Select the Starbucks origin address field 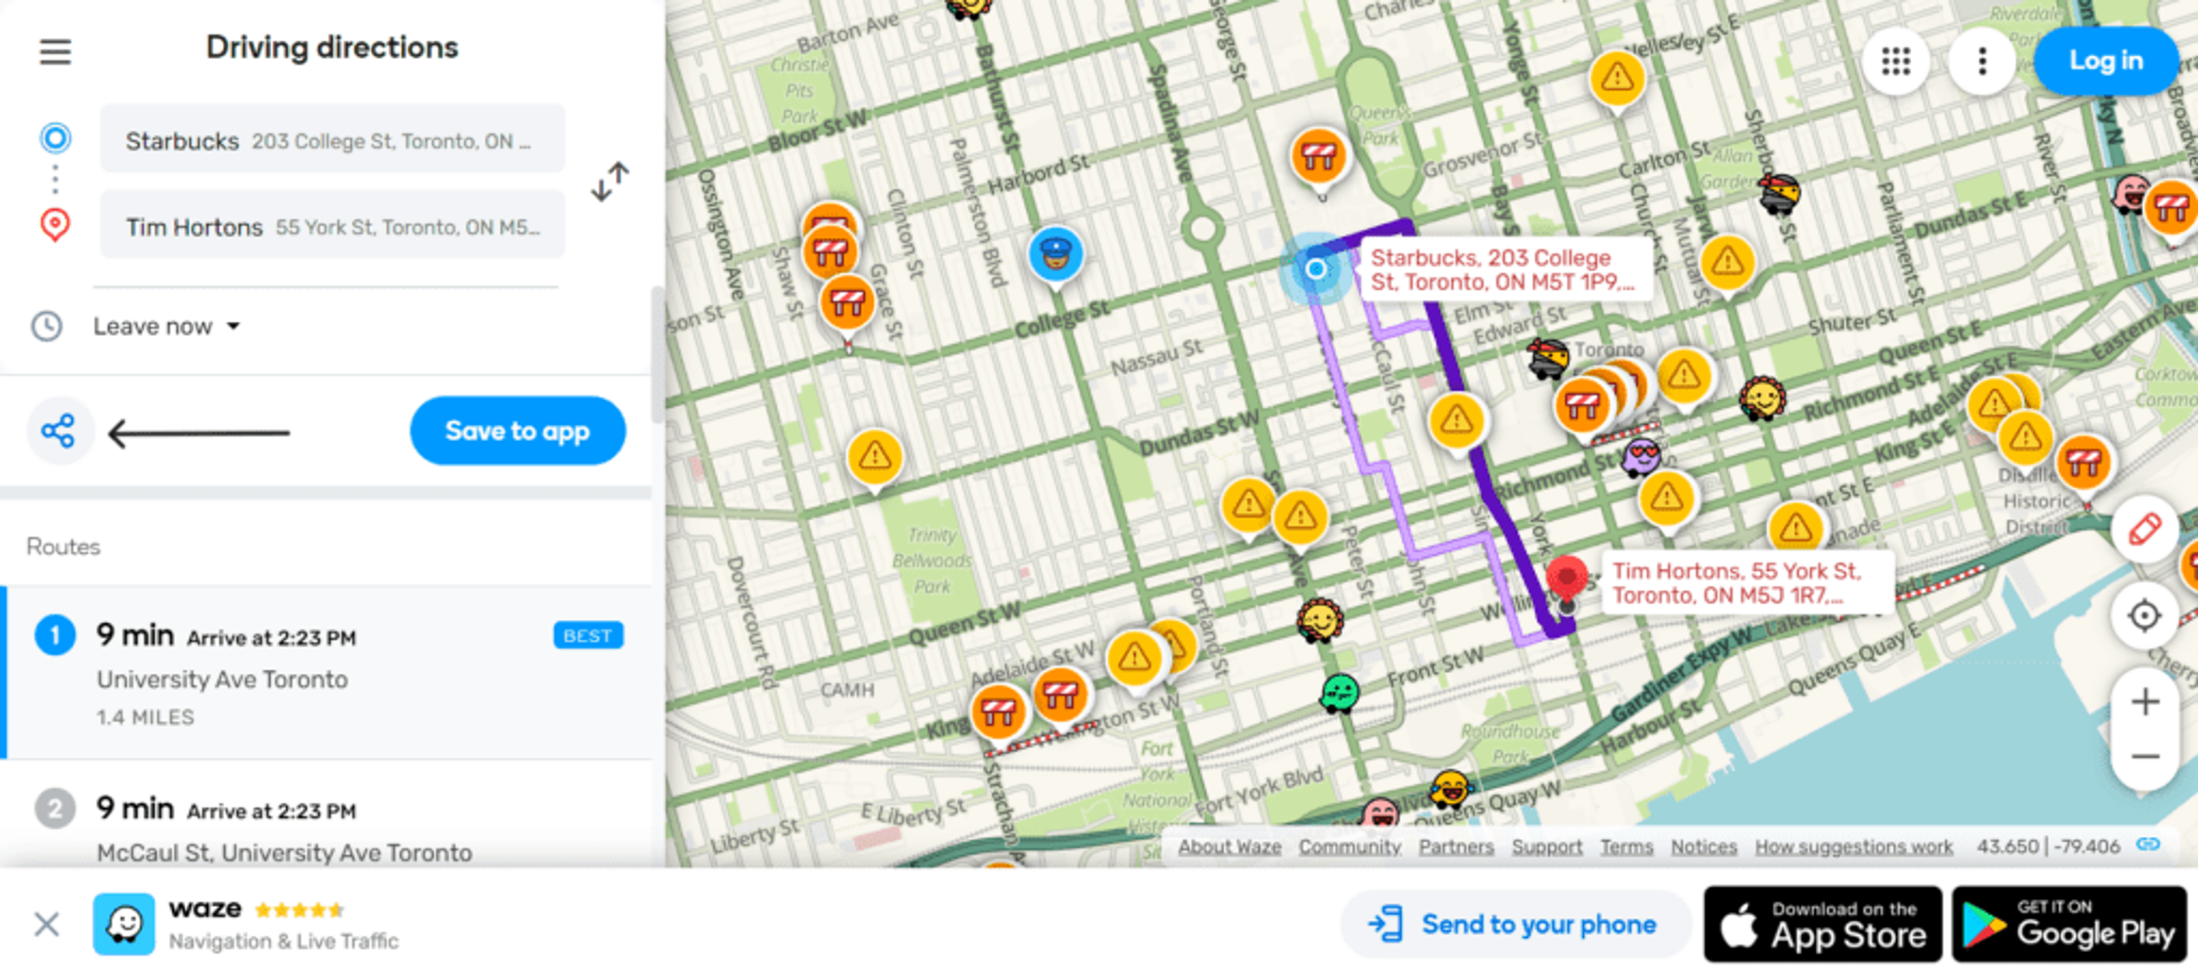[332, 140]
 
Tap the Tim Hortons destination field [332, 226]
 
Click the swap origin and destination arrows [610, 181]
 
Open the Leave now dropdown [167, 326]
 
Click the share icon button [59, 432]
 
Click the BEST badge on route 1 [588, 636]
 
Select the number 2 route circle [54, 808]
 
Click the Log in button [2105, 61]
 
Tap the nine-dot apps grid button [1895, 61]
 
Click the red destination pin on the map [1567, 578]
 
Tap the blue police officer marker [1055, 254]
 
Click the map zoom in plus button [2144, 703]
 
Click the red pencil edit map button [2144, 529]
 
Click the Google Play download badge [2068, 925]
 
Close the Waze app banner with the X [47, 925]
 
